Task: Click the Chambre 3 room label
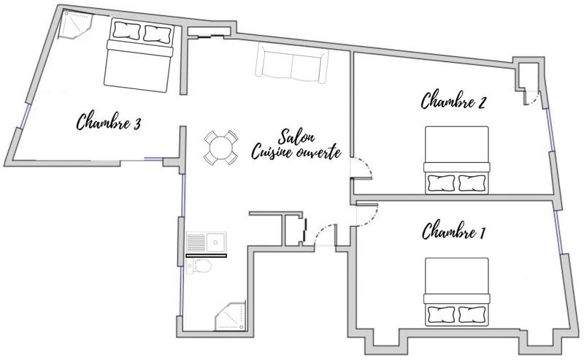point(108,122)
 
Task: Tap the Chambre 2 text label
point(453,101)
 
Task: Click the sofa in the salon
point(292,65)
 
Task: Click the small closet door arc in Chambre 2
point(534,99)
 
